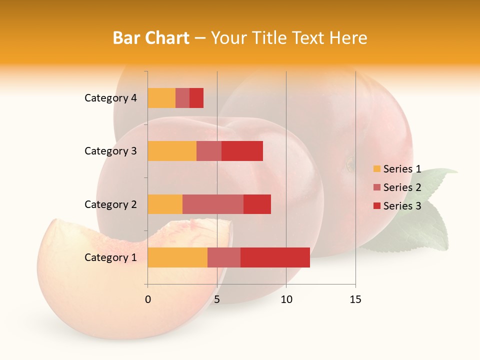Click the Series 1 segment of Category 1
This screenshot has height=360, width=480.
tap(177, 257)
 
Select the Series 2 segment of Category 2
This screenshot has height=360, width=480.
tap(213, 204)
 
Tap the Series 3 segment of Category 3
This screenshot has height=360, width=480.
tap(242, 151)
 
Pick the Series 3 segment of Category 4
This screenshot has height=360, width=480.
tap(196, 98)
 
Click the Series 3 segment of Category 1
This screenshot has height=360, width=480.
tap(275, 257)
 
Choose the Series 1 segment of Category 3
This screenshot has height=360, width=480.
tap(172, 151)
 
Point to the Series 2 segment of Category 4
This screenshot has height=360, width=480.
tap(182, 98)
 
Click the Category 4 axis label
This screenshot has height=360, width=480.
tap(110, 98)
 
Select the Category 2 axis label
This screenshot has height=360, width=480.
tap(110, 204)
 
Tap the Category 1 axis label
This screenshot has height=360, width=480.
tap(110, 257)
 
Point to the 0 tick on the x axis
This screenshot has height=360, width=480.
tap(148, 299)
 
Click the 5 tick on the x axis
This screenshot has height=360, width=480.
tap(217, 299)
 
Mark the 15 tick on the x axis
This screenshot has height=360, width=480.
tap(355, 299)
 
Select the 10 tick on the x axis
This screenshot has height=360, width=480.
tap(286, 299)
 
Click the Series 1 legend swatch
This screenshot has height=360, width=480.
tap(376, 169)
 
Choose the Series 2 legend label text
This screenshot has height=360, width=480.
tap(402, 187)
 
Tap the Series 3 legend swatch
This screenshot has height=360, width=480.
tap(376, 206)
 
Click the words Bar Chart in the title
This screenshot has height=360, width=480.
tap(150, 38)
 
